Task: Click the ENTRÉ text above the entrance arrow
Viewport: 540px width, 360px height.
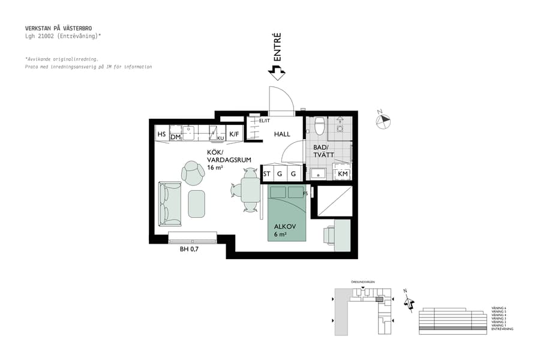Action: point(277,47)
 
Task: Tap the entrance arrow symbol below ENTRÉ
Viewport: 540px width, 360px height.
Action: point(277,73)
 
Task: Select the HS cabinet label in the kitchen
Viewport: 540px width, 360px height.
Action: point(161,134)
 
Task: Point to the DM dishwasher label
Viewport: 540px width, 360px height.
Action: point(175,137)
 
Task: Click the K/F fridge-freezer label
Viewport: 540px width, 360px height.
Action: point(234,134)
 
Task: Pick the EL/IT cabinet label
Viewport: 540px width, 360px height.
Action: point(264,121)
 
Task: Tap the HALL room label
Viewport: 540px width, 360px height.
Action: point(282,134)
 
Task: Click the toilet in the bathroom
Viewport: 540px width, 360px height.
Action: point(319,126)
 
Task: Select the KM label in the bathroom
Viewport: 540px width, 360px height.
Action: point(343,174)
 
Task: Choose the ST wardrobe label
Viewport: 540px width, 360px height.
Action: point(267,174)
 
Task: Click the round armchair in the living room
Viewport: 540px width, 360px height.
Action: point(193,173)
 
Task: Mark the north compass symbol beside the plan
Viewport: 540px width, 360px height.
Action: point(383,121)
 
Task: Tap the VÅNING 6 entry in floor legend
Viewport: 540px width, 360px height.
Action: point(499,308)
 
